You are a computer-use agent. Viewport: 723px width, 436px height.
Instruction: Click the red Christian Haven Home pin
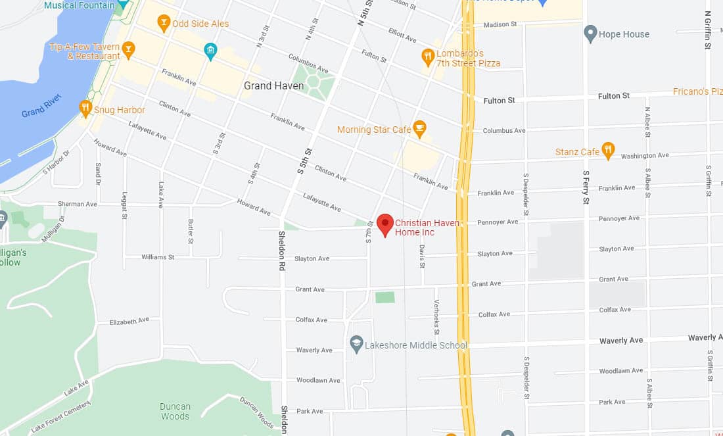pos(385,224)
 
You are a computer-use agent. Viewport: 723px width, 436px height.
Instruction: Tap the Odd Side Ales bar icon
pos(164,24)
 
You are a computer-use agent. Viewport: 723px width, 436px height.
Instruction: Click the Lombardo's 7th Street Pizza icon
pos(428,56)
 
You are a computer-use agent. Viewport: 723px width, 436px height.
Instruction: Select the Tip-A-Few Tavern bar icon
pos(129,47)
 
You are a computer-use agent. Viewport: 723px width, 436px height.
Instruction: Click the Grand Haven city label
pos(273,85)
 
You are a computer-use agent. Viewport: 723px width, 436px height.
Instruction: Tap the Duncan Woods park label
pos(175,411)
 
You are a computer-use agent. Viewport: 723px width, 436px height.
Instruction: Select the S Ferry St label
pos(586,187)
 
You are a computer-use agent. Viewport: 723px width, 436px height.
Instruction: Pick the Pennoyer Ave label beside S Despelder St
pos(498,222)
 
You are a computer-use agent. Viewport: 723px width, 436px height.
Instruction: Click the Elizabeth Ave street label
pos(129,322)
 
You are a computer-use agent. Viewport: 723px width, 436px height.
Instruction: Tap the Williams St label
pos(158,257)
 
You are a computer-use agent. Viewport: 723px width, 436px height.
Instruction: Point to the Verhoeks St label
pos(436,318)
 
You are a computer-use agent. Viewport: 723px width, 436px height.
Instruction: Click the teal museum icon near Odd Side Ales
pos(210,51)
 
